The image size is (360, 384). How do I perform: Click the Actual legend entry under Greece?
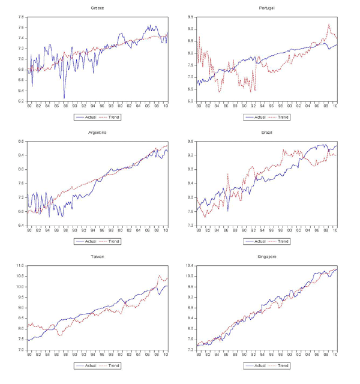pyautogui.click(x=87, y=117)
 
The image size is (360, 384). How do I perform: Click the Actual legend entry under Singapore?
pyautogui.click(x=257, y=365)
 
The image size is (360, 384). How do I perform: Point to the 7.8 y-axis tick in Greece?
pyautogui.click(x=21, y=17)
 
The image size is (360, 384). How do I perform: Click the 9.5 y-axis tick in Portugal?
pyautogui.click(x=191, y=17)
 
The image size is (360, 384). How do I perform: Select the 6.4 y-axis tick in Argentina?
pyautogui.click(x=21, y=225)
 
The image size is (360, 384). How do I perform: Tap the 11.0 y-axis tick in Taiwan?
pyautogui.click(x=20, y=265)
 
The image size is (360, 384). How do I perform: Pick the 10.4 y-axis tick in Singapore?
pyautogui.click(x=190, y=265)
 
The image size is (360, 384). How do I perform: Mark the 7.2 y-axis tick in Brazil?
pyautogui.click(x=191, y=225)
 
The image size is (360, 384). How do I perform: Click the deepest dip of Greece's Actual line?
pyautogui.click(x=64, y=98)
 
